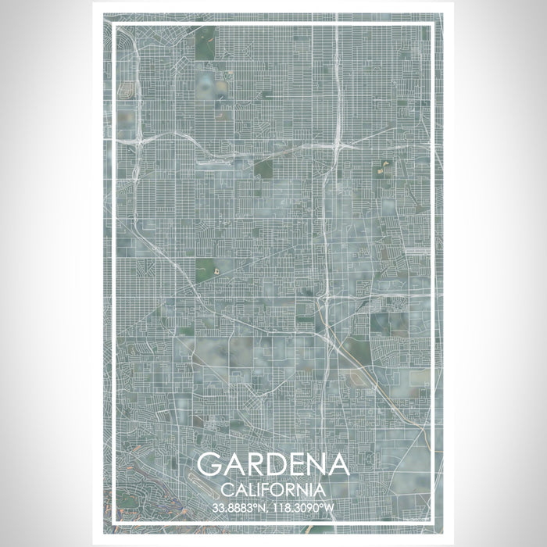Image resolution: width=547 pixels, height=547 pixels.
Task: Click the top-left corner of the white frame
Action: pyautogui.click(x=115, y=25)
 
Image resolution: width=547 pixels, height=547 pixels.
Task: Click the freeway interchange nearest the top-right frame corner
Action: pyautogui.click(x=338, y=145)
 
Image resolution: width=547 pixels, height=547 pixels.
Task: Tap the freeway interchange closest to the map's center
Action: pyautogui.click(x=324, y=297)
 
